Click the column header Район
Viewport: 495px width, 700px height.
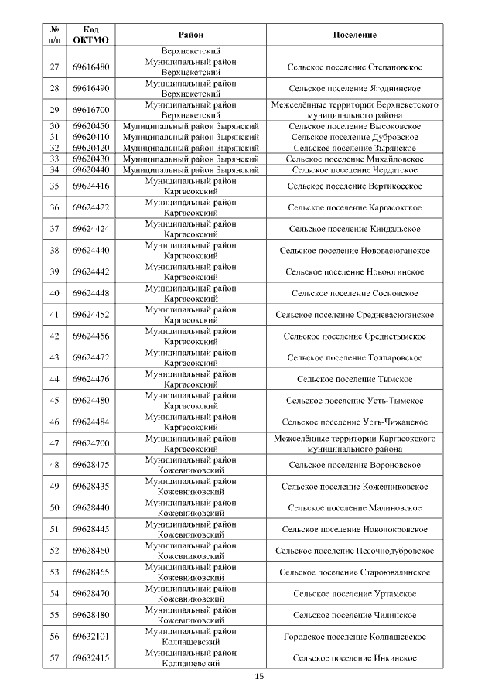click(x=191, y=35)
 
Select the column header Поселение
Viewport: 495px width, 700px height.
click(x=354, y=35)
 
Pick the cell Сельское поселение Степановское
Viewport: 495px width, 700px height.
click(x=354, y=67)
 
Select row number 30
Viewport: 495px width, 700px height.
click(x=54, y=126)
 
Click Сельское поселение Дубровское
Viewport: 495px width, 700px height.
click(x=354, y=137)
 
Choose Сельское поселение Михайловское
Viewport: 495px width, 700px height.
click(x=354, y=159)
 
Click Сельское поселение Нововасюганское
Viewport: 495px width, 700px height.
click(x=354, y=251)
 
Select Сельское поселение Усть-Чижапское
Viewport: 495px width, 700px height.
click(x=354, y=422)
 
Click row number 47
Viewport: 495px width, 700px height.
click(x=54, y=443)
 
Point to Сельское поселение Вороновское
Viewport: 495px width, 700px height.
click(x=354, y=465)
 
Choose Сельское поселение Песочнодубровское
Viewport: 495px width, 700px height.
click(x=354, y=551)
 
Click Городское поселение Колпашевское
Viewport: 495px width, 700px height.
click(x=354, y=637)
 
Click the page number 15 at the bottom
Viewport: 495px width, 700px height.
click(x=259, y=677)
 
